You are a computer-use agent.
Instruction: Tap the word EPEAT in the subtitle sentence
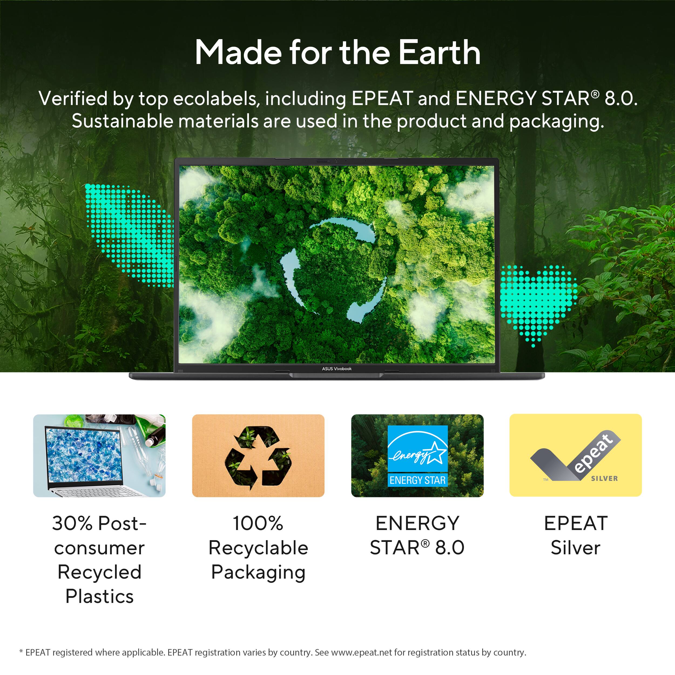pos(382,99)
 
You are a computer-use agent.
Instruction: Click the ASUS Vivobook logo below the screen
pos(337,369)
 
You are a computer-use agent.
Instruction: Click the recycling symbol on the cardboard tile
pos(258,456)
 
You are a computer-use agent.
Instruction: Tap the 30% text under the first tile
pos(72,523)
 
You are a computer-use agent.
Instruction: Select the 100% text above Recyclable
pos(258,523)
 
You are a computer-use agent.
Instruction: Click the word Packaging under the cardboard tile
pos(258,572)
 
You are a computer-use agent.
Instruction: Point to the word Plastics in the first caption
pos(100,596)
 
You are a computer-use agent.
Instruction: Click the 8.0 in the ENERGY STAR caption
pos(450,548)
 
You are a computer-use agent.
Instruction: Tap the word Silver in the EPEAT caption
pos(575,548)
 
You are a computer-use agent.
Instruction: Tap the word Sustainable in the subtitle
pos(122,122)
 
